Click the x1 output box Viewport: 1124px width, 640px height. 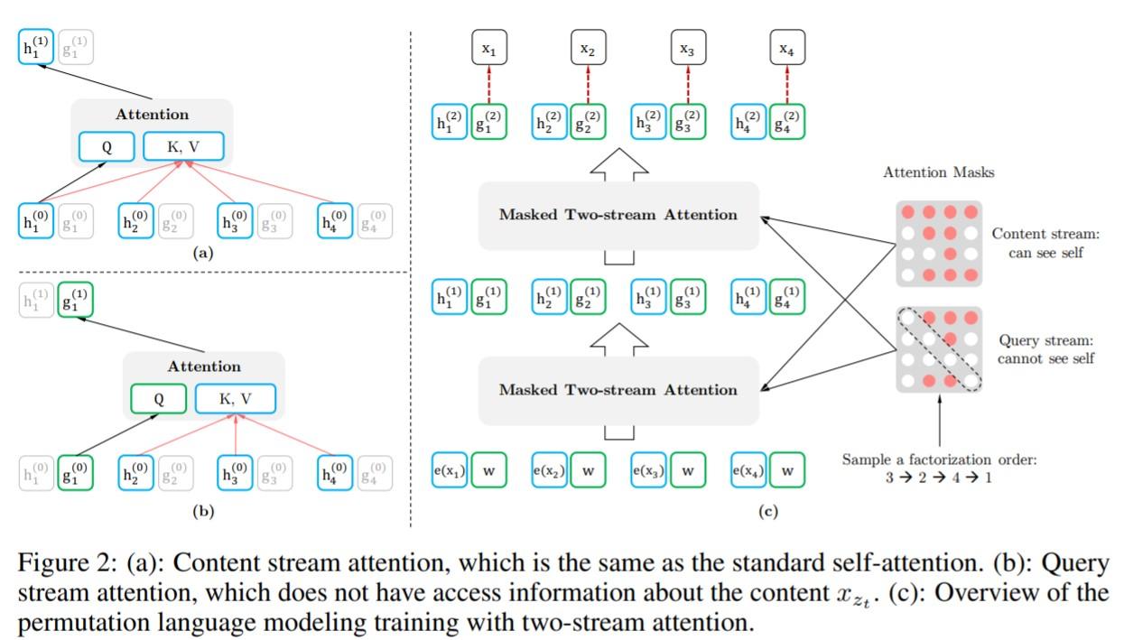click(488, 50)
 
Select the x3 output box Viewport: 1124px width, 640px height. click(687, 50)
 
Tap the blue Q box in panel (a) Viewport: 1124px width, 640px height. click(106, 145)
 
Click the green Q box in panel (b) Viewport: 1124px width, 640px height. click(157, 397)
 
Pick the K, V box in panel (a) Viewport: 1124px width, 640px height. click(183, 145)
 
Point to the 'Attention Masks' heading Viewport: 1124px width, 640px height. click(939, 172)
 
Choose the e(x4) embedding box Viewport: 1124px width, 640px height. click(748, 469)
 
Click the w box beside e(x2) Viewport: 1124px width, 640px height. click(588, 469)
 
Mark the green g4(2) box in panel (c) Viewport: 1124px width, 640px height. click(787, 123)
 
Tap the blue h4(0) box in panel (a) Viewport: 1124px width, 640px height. click(335, 220)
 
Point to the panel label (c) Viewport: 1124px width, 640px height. click(768, 512)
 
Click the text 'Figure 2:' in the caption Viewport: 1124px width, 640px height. click(61, 564)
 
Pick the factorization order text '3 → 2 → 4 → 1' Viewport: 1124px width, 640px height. click(939, 478)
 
